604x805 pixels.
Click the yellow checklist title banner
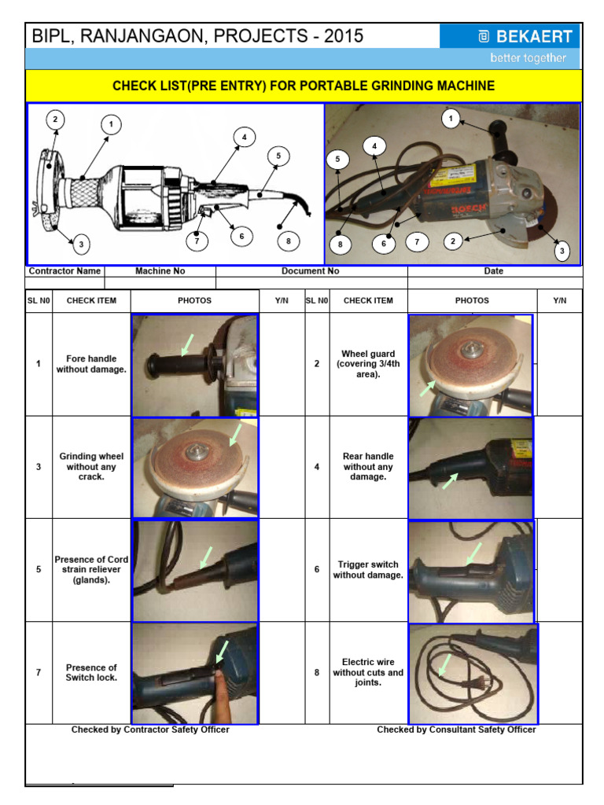click(304, 86)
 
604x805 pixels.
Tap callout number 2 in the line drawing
click(55, 120)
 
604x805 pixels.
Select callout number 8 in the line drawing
click(289, 241)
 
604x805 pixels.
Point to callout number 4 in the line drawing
click(244, 138)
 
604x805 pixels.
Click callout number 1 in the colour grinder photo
click(451, 119)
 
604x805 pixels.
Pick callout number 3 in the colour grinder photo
click(562, 252)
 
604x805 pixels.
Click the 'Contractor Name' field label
click(64, 271)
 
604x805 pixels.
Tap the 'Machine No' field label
click(160, 271)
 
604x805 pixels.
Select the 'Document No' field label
click(311, 271)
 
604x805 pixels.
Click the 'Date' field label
click(494, 271)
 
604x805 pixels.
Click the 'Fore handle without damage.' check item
click(91, 364)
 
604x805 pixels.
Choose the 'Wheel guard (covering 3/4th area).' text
click(368, 364)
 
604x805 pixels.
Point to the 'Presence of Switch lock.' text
click(91, 672)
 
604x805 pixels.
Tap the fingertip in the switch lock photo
click(221, 684)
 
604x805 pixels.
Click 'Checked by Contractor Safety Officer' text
click(150, 730)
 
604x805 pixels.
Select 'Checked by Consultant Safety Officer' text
click(456, 730)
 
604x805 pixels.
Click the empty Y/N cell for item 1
click(281, 364)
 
